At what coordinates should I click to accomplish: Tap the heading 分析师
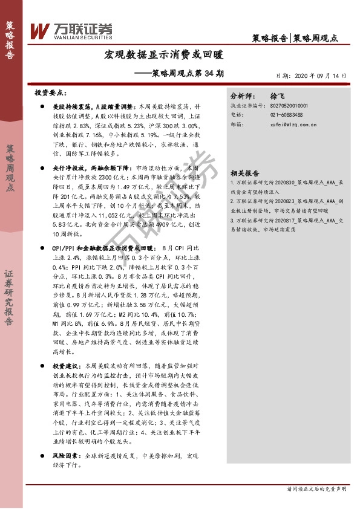tap(244, 96)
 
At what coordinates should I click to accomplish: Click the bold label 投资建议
tap(66, 366)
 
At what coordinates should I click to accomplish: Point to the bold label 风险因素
tap(66, 438)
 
